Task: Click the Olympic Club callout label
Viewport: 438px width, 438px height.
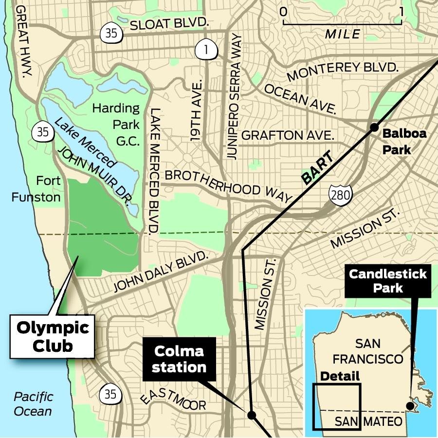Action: [53, 336]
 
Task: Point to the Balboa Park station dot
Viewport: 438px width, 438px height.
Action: [374, 128]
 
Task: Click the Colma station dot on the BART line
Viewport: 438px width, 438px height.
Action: [252, 415]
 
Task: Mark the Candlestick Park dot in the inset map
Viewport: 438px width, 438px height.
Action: [410, 406]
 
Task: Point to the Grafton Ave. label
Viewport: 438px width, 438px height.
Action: [288, 135]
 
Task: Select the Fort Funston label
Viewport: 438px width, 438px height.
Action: [43, 189]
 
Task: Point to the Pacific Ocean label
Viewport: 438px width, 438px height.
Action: [33, 404]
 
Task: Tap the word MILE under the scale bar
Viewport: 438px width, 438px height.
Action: [343, 34]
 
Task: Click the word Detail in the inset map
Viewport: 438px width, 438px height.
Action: [340, 376]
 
